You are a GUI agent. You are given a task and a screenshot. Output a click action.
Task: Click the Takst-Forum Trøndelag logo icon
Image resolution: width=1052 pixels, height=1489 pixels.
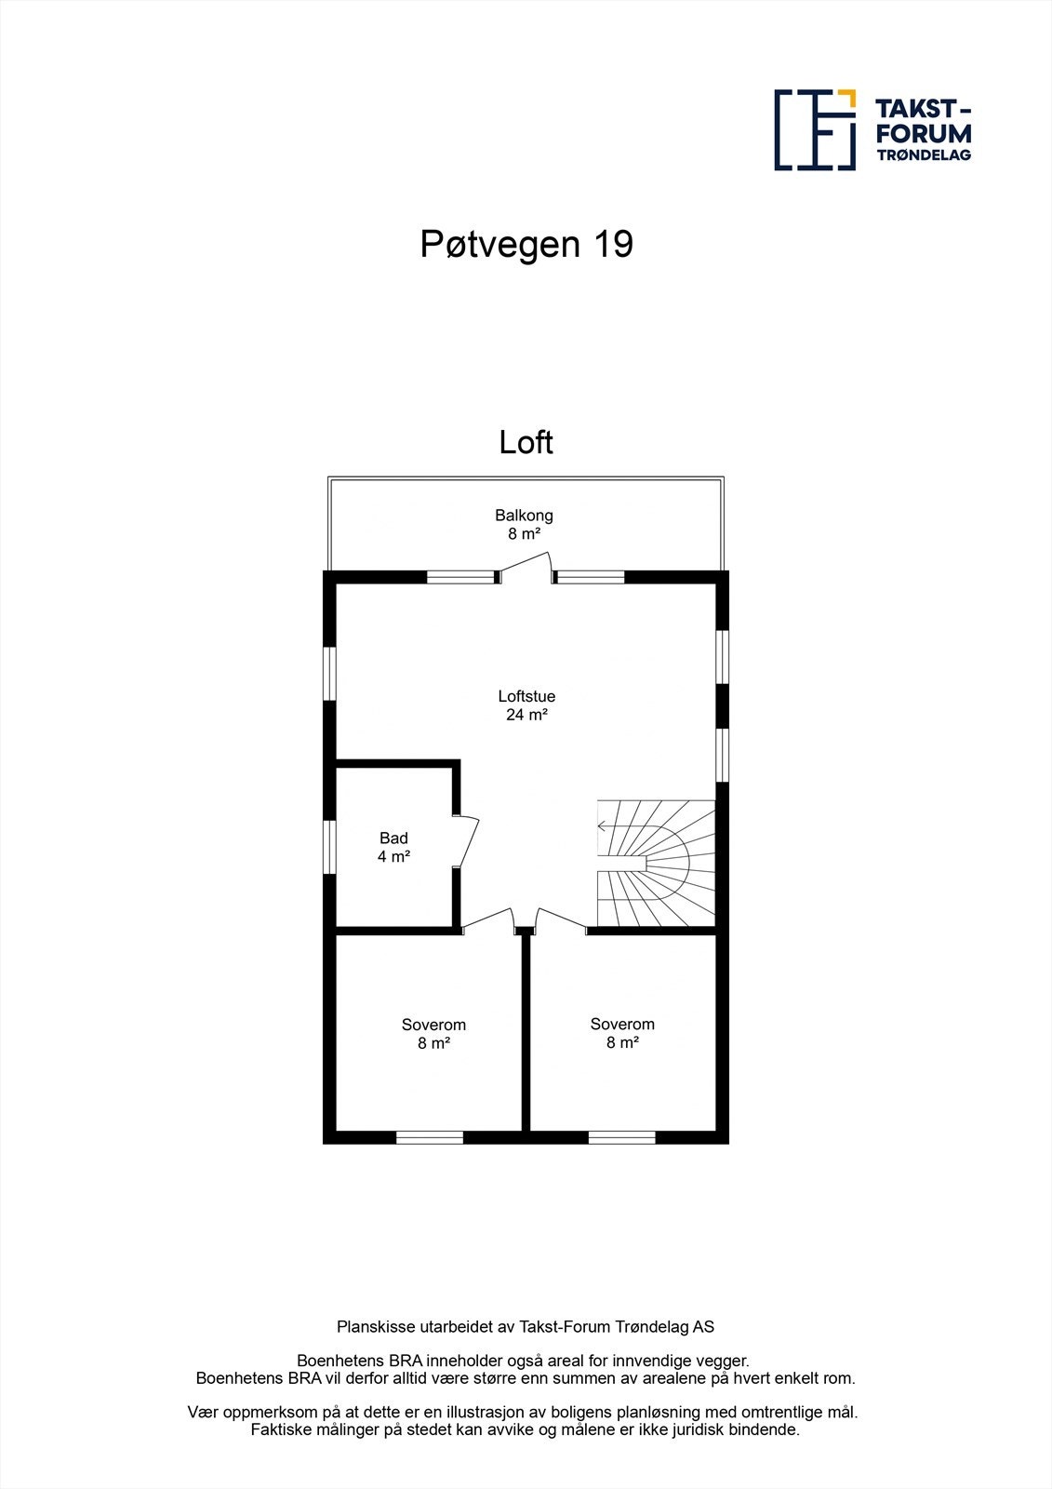click(815, 130)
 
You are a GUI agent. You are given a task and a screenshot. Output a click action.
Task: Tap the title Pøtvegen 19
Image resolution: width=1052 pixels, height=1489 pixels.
click(526, 244)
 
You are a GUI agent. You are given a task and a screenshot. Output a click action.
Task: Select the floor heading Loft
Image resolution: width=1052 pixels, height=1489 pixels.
click(526, 442)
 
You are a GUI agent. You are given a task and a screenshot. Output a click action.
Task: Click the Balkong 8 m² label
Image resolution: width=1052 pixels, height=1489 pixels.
click(524, 524)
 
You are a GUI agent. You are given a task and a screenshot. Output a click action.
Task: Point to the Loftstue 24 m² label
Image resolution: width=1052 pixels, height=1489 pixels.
click(526, 705)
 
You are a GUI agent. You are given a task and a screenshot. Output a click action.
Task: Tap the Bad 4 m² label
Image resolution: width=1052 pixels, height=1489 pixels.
click(393, 847)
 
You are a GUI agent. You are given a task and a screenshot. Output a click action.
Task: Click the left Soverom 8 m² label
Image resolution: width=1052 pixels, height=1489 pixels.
click(433, 1034)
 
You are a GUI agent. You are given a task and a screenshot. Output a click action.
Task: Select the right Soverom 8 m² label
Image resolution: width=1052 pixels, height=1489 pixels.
click(622, 1033)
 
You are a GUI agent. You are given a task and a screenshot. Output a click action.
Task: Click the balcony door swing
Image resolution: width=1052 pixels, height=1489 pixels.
click(526, 563)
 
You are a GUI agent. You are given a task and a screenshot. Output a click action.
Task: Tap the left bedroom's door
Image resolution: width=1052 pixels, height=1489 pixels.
click(488, 919)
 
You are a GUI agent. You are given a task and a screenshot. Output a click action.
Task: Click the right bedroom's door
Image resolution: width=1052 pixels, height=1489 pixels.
click(562, 919)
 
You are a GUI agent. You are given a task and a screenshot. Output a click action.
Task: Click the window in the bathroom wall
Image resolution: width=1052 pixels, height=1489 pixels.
click(329, 847)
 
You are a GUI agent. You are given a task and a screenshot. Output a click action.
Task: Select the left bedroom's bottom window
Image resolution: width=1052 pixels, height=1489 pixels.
click(430, 1136)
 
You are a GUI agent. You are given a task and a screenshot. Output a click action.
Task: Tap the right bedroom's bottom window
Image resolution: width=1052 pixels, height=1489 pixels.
click(621, 1136)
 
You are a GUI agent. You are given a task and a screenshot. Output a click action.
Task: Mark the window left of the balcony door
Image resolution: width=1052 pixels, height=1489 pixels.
click(461, 577)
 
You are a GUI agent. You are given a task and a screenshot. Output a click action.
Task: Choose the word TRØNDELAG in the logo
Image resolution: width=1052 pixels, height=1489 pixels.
click(924, 155)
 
